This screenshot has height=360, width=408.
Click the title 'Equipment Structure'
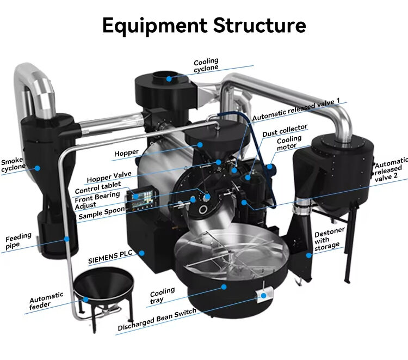[x=204, y=25]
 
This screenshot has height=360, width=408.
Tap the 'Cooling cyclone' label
[x=206, y=64]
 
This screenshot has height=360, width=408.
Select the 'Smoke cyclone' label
[x=14, y=165]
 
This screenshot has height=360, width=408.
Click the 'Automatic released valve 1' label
[x=296, y=102]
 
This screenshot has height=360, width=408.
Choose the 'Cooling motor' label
[x=289, y=143]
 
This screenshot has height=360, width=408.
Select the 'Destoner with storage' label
[x=330, y=240]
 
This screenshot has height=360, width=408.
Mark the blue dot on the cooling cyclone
[x=169, y=78]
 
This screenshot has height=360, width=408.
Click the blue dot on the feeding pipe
[x=66, y=238]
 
